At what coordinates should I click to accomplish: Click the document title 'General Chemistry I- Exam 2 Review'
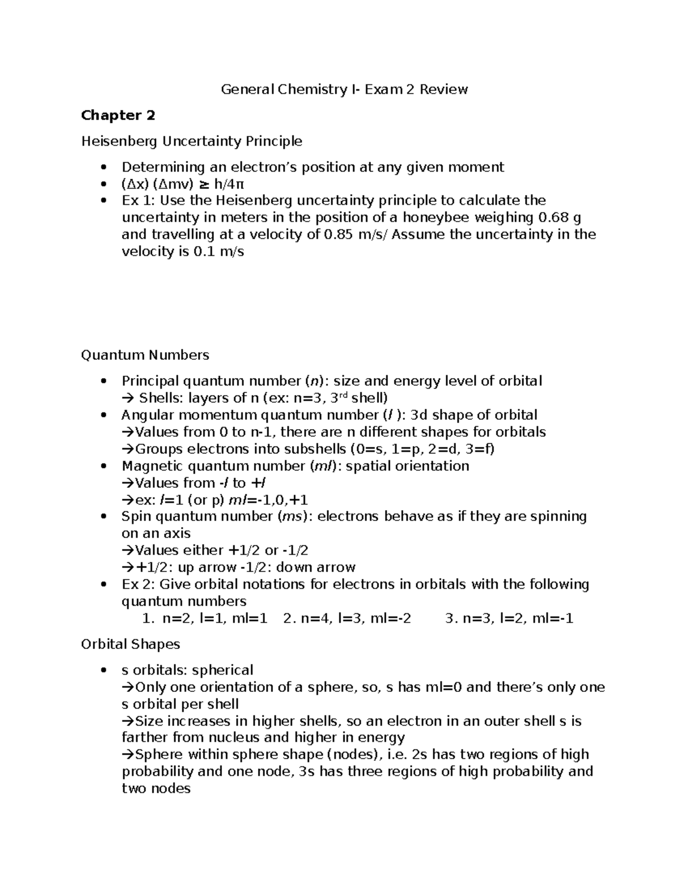tap(344, 90)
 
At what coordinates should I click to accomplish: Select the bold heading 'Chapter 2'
tap(118, 115)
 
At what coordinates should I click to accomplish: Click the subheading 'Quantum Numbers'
tap(145, 355)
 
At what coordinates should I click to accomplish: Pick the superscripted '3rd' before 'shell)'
tap(339, 397)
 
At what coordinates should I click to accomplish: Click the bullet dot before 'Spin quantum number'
tap(103, 517)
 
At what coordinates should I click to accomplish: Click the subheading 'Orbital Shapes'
tap(130, 644)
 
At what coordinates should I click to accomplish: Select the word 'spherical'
tap(222, 670)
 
